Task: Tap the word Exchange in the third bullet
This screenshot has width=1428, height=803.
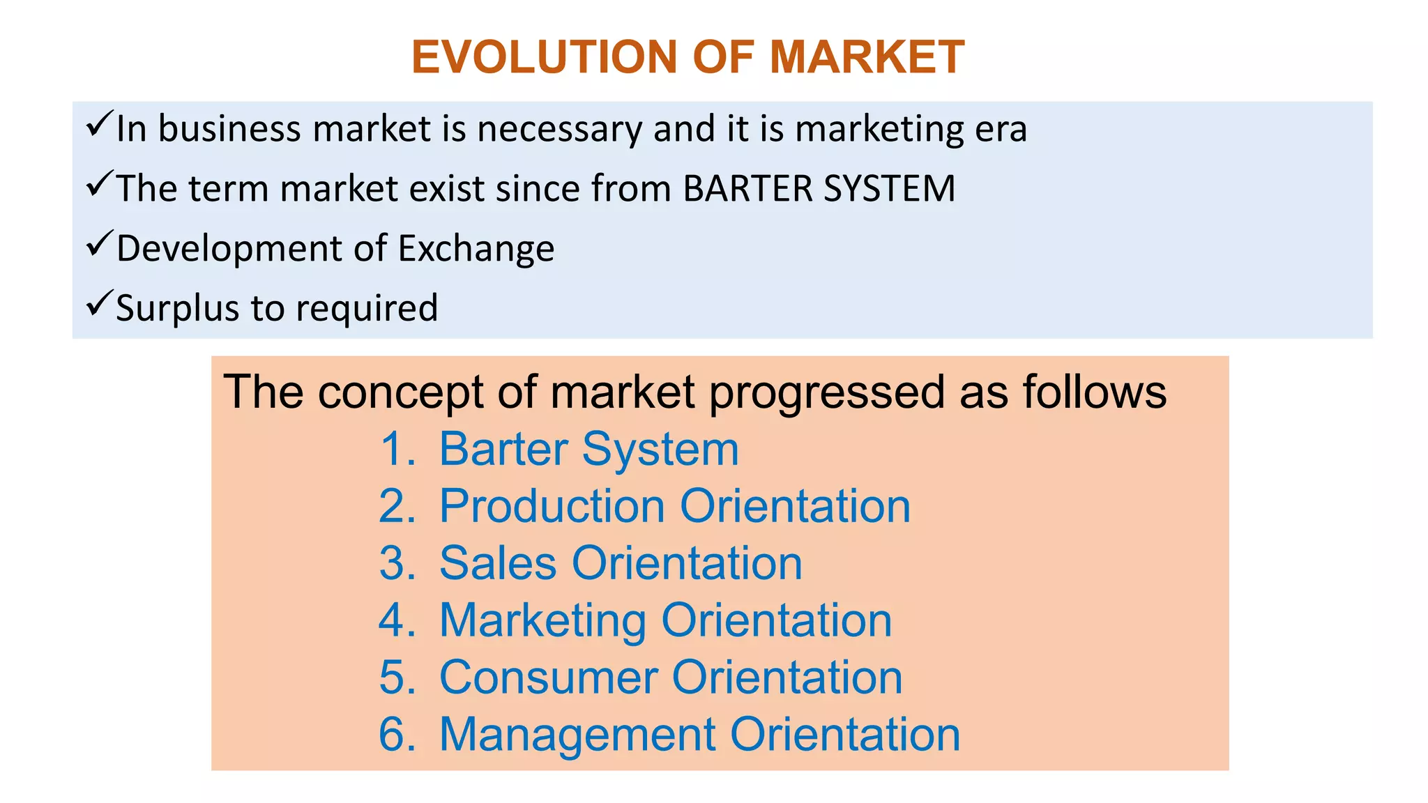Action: click(x=476, y=249)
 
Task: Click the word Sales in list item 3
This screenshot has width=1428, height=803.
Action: click(x=498, y=563)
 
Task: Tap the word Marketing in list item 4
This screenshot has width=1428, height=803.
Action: click(x=543, y=621)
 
